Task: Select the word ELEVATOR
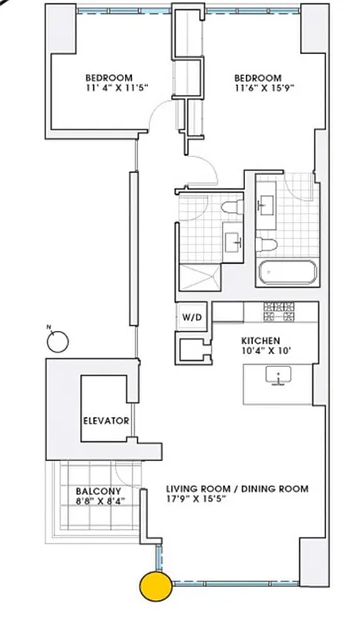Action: [x=105, y=420]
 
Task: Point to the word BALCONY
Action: [x=96, y=491]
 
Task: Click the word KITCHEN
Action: [x=261, y=340]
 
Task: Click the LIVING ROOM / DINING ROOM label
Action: [x=237, y=488]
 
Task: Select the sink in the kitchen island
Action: [x=277, y=376]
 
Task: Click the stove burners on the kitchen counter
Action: [x=280, y=312]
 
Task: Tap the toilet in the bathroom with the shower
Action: [x=230, y=209]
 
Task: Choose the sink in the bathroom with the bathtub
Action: [x=267, y=204]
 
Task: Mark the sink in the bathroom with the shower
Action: [x=234, y=242]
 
